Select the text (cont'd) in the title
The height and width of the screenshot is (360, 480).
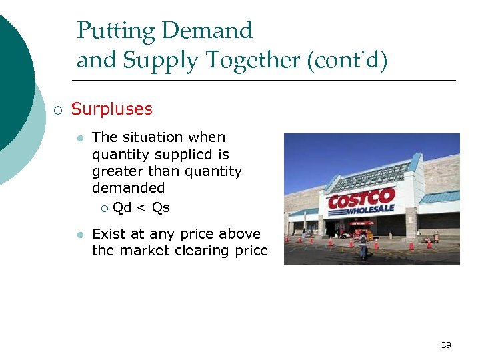347,61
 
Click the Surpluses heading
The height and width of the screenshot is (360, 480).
111,109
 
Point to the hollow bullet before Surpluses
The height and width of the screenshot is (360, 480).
57,109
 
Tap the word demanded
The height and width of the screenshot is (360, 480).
128,188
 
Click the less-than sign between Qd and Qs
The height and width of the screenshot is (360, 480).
141,208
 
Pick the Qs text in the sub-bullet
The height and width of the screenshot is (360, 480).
161,208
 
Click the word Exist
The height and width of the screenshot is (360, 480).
108,234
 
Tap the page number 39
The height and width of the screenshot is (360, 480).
446,345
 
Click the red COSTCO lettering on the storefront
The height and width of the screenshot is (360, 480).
361,199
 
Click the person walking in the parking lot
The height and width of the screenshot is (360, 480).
363,245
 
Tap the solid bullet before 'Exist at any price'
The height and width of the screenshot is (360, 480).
79,235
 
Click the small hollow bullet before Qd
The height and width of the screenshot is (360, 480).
104,209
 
